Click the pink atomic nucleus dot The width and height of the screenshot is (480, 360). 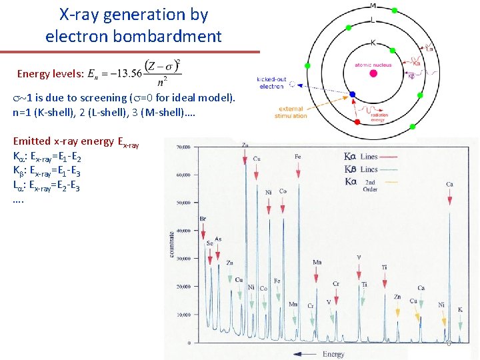click(373, 73)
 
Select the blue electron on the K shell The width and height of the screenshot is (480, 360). click(353, 94)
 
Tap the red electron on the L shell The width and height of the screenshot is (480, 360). click(357, 122)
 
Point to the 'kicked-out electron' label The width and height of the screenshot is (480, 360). click(271, 83)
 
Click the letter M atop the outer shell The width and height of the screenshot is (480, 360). click(372, 5)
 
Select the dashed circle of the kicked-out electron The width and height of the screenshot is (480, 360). click(293, 85)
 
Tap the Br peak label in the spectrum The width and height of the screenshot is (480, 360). click(203, 219)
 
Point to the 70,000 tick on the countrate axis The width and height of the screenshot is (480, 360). click(183, 146)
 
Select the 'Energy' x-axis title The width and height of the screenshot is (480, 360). click(333, 353)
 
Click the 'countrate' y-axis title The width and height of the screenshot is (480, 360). click(171, 243)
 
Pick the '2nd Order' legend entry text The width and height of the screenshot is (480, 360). click(369, 185)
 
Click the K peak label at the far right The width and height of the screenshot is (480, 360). click(460, 309)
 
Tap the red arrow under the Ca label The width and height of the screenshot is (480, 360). click(450, 196)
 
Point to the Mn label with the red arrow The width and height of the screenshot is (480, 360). click(317, 262)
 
